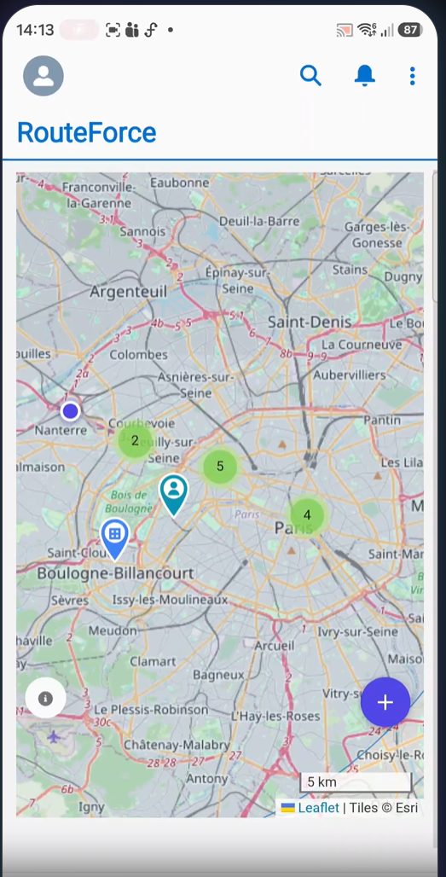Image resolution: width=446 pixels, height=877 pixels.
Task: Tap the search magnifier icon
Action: pyautogui.click(x=310, y=76)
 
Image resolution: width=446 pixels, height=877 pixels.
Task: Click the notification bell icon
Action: pyautogui.click(x=364, y=76)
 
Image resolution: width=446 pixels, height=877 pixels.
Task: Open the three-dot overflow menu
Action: pyautogui.click(x=412, y=76)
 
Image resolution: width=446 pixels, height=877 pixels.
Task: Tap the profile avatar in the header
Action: pyautogui.click(x=43, y=76)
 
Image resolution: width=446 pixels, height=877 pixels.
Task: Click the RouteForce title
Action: pyautogui.click(x=87, y=133)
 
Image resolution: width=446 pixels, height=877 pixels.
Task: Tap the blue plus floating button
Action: pyautogui.click(x=385, y=702)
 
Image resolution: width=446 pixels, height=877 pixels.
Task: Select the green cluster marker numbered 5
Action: pyautogui.click(x=220, y=466)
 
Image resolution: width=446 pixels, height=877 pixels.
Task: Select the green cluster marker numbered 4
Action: pyautogui.click(x=307, y=515)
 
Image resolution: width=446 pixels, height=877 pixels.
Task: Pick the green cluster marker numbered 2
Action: pyautogui.click(x=135, y=441)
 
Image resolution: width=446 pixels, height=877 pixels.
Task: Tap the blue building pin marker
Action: pyautogui.click(x=115, y=536)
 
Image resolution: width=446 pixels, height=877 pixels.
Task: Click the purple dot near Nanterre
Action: pyautogui.click(x=71, y=411)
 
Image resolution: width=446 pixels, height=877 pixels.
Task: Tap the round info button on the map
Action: pyautogui.click(x=46, y=699)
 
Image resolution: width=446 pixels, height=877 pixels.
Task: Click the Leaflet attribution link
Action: pyautogui.click(x=318, y=807)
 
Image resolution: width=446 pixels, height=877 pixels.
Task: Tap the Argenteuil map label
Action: pyautogui.click(x=129, y=293)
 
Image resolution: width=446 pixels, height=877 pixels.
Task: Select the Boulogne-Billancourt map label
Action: pyautogui.click(x=115, y=573)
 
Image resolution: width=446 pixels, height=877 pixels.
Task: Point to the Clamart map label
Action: pyautogui.click(x=153, y=660)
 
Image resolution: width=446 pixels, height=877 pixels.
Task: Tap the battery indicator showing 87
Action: pyautogui.click(x=410, y=30)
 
